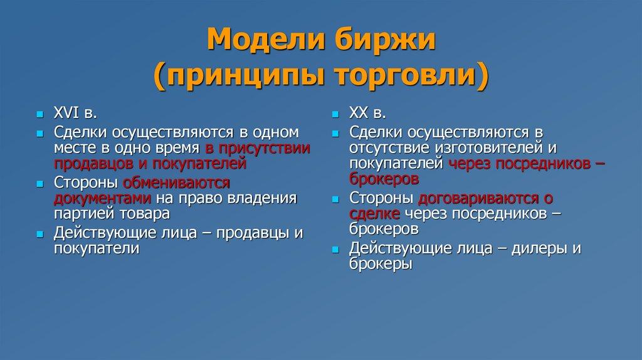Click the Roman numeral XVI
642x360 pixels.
[x=66, y=113]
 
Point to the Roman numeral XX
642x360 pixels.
[x=359, y=113]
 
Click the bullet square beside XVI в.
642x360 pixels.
[x=39, y=114]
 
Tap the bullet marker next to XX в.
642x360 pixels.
[x=335, y=114]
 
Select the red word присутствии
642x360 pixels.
[x=264, y=148]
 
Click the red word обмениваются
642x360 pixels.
[x=176, y=183]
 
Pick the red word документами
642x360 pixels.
[x=102, y=198]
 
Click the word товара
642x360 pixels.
[x=145, y=213]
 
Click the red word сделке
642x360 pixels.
[x=375, y=214]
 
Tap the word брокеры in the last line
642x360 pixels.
[x=381, y=264]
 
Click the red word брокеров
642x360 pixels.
[x=384, y=179]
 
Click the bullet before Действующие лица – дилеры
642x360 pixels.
[x=335, y=250]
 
